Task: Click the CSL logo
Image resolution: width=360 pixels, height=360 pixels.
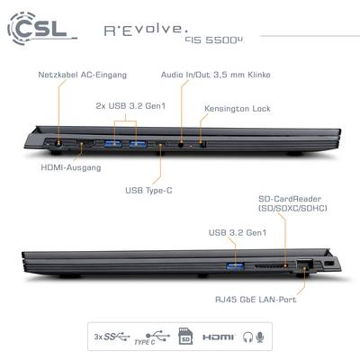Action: coord(41,28)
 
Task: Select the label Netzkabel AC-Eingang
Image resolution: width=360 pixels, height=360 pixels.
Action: coord(82,75)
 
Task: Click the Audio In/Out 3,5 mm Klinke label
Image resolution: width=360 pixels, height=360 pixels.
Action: coord(216,75)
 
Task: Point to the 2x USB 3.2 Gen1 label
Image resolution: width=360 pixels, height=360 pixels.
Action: coord(130,106)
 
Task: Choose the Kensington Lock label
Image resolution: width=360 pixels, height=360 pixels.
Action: coord(238,109)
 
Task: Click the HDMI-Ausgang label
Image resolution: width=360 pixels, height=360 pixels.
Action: coord(71,167)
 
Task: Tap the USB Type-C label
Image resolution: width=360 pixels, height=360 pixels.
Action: coord(148,190)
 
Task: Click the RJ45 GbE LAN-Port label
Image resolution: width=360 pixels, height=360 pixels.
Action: coord(256,299)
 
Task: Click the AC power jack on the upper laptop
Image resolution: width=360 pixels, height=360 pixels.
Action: coord(58,143)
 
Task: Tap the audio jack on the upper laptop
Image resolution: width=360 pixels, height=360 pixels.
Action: coord(181,144)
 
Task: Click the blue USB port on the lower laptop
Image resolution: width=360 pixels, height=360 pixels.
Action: coord(235,265)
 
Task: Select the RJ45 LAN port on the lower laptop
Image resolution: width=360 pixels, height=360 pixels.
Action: coord(305,265)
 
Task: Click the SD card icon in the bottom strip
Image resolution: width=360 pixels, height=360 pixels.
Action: coord(185,337)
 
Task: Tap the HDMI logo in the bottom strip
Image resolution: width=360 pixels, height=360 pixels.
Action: coord(218,337)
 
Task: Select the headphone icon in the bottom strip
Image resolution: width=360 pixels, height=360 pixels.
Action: coord(247,337)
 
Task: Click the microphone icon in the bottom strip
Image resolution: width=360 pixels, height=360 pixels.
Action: coord(260,337)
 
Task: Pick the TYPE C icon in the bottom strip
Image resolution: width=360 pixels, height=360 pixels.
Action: coord(152,337)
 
